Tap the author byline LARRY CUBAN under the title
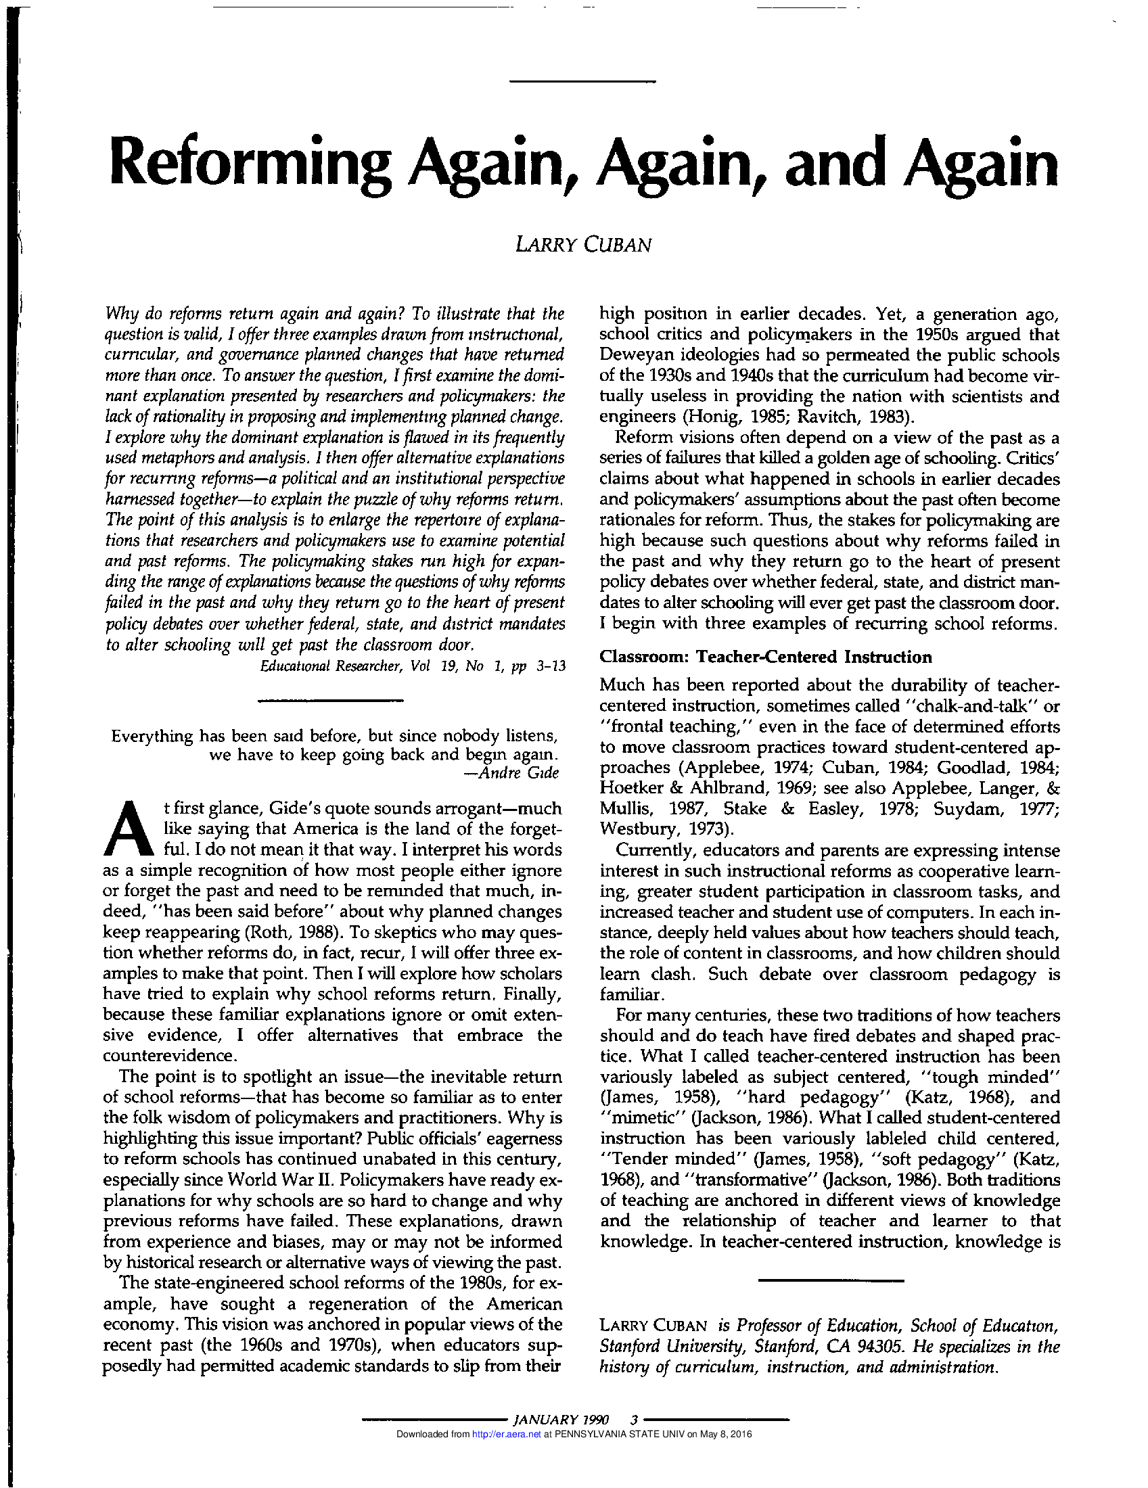tap(583, 245)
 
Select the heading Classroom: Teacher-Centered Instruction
tap(765, 657)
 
